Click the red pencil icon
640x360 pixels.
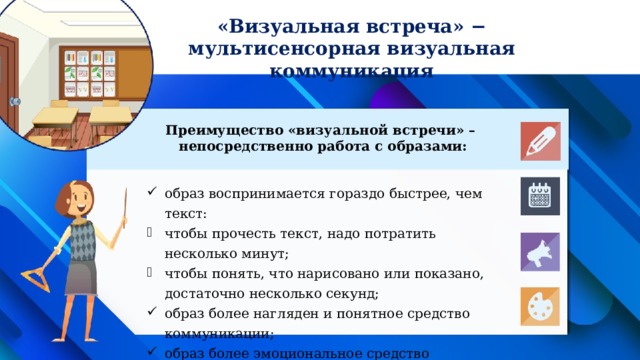(539, 141)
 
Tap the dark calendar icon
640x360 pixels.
(539, 196)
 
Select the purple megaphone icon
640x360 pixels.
(539, 252)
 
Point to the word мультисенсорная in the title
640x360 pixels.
(274, 49)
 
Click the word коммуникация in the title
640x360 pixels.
(352, 71)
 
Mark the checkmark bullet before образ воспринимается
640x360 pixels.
(148, 195)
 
